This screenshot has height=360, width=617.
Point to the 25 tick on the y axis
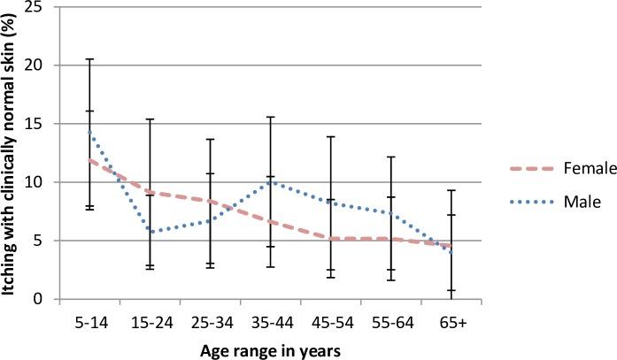[x=39, y=8]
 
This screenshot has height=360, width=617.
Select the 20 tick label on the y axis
[x=39, y=65]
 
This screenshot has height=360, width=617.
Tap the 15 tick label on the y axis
[x=39, y=124]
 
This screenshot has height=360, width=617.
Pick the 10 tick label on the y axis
[x=39, y=182]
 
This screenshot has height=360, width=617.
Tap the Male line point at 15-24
[x=150, y=232]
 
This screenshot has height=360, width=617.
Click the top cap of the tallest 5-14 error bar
[x=90, y=59]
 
